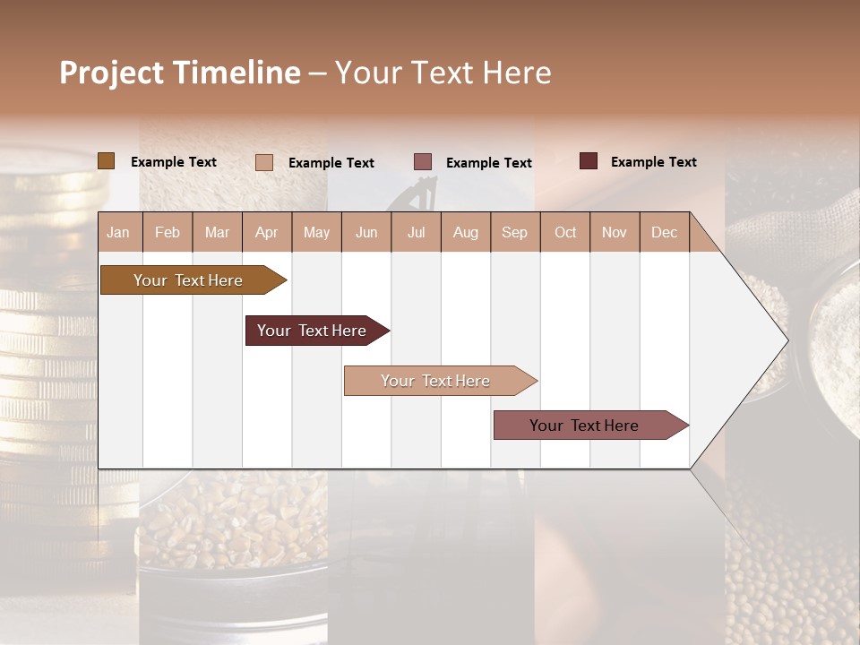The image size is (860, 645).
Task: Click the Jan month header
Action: (118, 232)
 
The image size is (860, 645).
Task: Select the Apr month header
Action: (267, 232)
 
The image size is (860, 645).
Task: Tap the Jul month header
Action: (416, 232)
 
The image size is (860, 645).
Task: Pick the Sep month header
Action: (514, 232)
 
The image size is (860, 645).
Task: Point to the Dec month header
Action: (664, 232)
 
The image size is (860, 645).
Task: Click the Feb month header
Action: (168, 232)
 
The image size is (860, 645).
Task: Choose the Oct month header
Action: (565, 232)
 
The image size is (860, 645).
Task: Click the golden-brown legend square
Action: (106, 161)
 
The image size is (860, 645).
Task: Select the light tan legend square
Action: (263, 162)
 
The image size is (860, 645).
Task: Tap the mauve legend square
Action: (423, 162)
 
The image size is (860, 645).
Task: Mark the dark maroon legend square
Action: (588, 161)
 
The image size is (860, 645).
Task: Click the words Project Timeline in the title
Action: (179, 73)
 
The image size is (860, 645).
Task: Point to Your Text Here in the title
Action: (443, 73)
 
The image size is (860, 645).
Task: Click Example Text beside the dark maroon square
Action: (653, 162)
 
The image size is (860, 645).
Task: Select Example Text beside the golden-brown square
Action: (173, 162)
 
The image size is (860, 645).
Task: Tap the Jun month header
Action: (366, 232)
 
